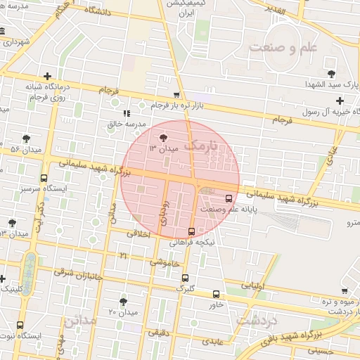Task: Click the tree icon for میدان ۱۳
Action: point(164,137)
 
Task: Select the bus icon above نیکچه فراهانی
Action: point(191,231)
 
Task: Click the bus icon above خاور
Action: point(216,295)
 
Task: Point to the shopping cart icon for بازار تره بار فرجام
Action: point(176,95)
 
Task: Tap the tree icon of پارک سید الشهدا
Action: point(330,73)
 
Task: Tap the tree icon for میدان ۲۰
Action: point(123,301)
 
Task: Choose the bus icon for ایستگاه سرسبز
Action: point(44,179)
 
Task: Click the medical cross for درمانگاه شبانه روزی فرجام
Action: point(47,76)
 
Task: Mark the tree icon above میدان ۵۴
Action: point(26,139)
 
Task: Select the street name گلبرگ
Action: point(184,288)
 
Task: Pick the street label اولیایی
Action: point(254,287)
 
